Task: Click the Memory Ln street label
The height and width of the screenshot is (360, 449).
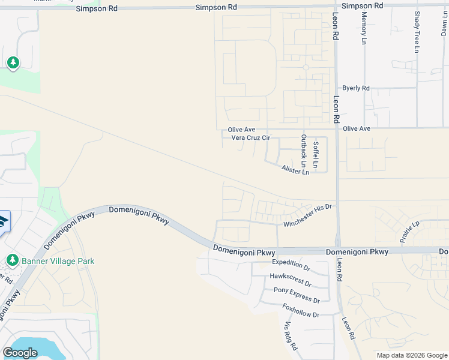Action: [364, 28]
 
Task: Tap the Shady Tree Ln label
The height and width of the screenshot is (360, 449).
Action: [416, 31]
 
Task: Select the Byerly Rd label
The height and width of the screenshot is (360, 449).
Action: [356, 88]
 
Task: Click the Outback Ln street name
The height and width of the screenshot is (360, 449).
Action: [303, 151]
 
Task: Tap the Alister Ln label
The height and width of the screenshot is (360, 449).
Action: [295, 170]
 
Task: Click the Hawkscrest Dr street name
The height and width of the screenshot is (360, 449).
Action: [291, 280]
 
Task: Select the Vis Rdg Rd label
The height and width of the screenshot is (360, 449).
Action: [291, 337]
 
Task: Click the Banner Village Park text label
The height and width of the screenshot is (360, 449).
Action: [58, 261]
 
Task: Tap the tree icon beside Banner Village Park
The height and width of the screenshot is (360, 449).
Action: [12, 260]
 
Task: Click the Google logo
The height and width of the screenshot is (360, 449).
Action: [20, 353]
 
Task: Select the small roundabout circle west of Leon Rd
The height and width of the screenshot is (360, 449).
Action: [306, 67]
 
